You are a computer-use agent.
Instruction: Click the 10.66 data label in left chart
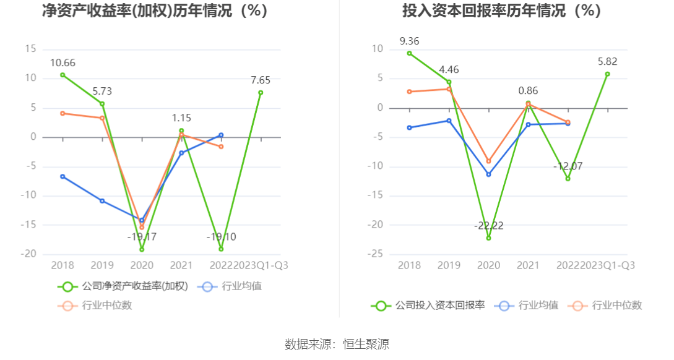click(63, 62)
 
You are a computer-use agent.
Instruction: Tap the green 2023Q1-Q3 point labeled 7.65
click(261, 93)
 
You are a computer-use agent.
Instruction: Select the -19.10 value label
click(221, 237)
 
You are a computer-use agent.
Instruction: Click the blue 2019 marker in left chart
click(102, 201)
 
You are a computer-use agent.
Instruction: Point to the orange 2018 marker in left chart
click(63, 113)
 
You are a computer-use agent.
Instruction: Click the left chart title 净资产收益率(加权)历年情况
click(155, 11)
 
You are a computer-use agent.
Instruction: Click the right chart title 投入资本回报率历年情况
click(501, 11)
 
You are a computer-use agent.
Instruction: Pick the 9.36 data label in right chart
click(409, 41)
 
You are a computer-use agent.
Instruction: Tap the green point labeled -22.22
click(488, 238)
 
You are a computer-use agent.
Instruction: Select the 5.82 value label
click(607, 61)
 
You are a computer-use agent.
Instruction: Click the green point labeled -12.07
click(568, 179)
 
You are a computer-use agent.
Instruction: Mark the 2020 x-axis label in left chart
click(142, 265)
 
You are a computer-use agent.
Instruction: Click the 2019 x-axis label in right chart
click(449, 265)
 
